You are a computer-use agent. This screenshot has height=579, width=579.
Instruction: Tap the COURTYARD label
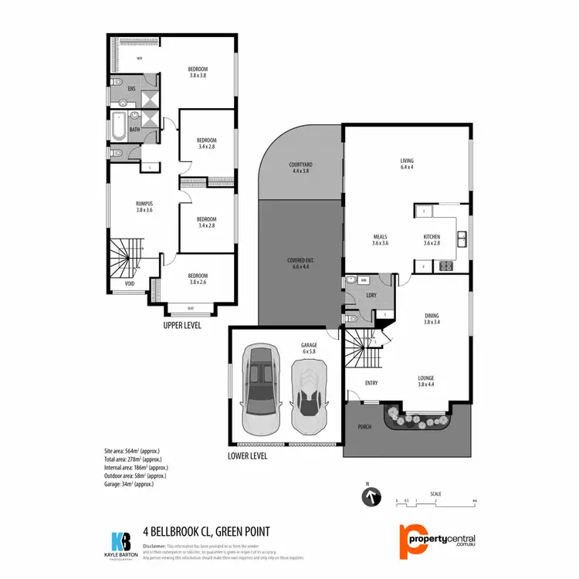tap(300, 168)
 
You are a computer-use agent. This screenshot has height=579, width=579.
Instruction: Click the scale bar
tap(437, 500)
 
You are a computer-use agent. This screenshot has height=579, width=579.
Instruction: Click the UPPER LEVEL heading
tap(182, 326)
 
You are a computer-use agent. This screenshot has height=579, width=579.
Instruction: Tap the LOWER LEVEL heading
tap(248, 456)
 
